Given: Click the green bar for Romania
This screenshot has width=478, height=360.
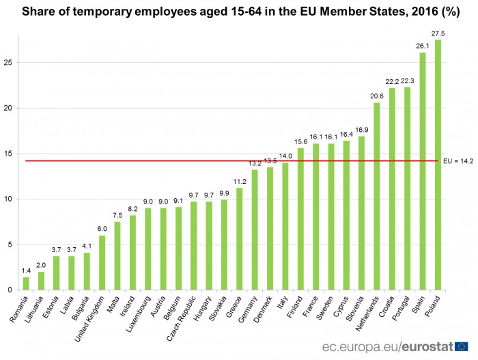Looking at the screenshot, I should [26, 283].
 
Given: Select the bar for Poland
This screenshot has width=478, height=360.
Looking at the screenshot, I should [438, 165].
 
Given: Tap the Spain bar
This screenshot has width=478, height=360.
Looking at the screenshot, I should [422, 171].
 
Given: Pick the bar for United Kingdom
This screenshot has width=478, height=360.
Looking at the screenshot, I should [102, 263].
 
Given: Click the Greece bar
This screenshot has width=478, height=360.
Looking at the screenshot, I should [239, 239].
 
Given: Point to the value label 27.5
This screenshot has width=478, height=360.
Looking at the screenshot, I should [438, 32].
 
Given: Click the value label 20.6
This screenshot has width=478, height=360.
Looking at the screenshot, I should [376, 95].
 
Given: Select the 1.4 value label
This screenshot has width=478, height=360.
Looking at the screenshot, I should [26, 270].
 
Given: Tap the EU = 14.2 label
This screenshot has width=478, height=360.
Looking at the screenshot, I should [458, 162].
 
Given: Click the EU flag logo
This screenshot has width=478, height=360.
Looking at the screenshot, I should [462, 346].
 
